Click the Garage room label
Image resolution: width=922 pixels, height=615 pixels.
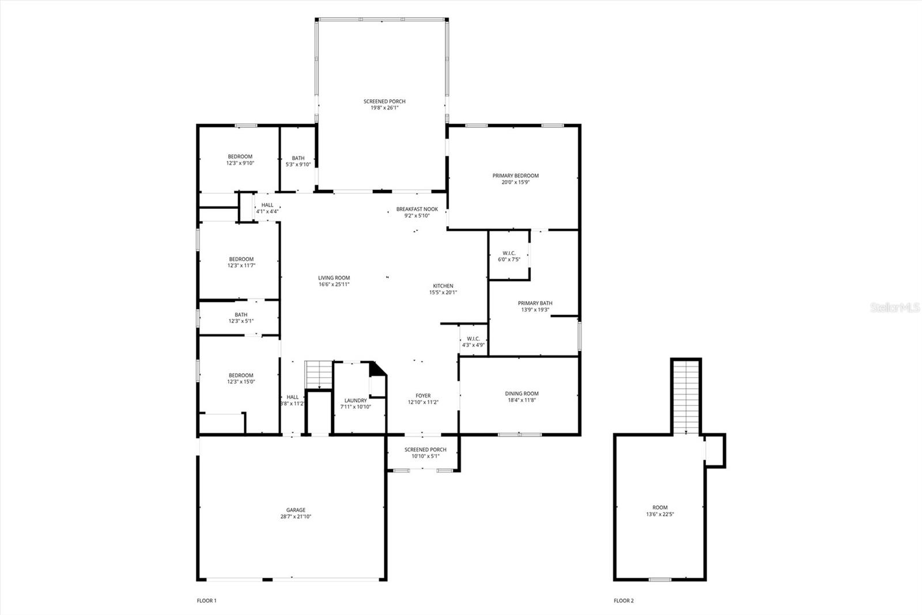296,510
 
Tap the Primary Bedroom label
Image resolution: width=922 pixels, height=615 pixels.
515,175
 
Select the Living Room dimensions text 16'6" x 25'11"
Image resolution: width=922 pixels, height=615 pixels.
334,284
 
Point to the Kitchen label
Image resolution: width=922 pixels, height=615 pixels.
443,286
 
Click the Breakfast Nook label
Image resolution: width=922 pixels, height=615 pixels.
417,209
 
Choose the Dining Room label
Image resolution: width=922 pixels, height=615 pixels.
522,393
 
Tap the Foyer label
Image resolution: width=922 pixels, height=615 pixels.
423,396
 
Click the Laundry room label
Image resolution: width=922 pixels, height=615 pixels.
356,400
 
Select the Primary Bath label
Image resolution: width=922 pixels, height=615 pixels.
535,303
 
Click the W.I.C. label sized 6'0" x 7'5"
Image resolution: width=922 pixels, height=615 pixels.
509,253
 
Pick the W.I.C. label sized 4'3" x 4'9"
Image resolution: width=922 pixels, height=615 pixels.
473,339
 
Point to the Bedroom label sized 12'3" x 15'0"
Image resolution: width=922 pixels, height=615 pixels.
241,376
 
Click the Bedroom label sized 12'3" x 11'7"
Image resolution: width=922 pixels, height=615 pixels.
241,259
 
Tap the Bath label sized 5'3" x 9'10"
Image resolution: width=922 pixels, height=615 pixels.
298,158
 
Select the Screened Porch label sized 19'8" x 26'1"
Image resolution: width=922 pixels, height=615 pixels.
384,102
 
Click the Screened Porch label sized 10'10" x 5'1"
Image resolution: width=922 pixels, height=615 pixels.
425,449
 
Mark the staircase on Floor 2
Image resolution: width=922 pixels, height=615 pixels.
686,396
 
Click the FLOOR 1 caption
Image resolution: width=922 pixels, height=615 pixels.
207,601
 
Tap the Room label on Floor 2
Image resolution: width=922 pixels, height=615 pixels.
660,508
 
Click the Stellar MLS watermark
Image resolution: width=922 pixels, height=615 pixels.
895,307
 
